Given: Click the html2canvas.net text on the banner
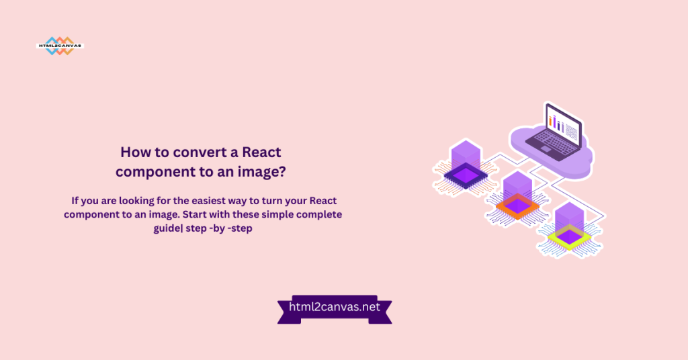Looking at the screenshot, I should point(335,307).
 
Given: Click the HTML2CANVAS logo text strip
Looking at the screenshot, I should point(60,46).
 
